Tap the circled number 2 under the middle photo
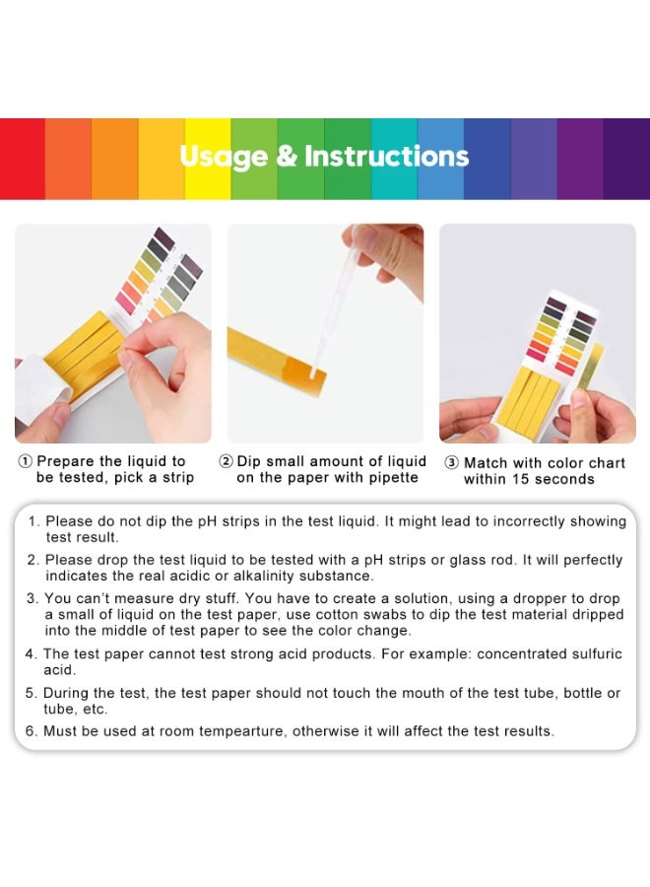226,461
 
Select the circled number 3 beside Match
451,462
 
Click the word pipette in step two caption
390,478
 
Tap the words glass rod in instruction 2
487,560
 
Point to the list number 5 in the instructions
32,693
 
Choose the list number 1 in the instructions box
32,521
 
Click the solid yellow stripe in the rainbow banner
208,158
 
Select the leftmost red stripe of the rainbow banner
23,158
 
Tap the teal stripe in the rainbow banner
394,158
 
